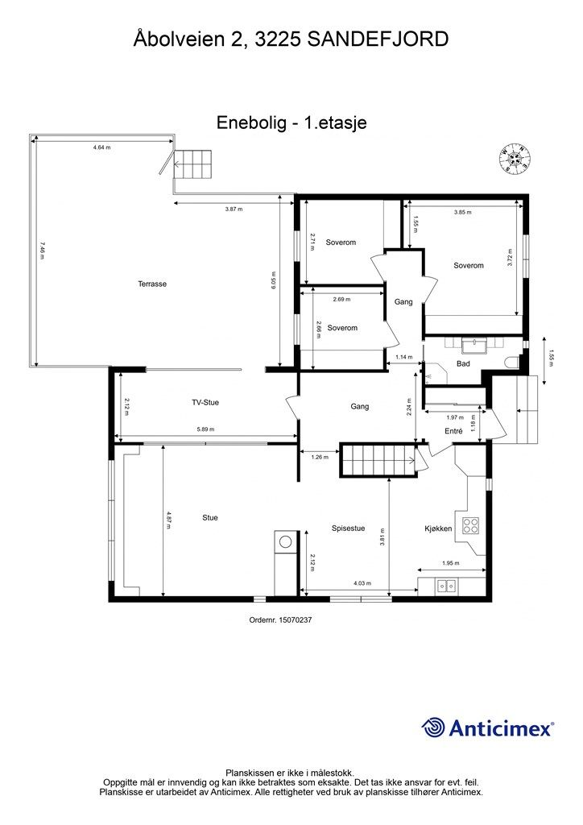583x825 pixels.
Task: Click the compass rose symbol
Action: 515,159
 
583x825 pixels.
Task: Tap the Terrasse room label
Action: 152,284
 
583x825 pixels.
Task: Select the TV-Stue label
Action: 205,403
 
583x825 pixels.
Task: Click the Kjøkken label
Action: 438,529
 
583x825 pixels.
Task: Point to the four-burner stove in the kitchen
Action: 470,525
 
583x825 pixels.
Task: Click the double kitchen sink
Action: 447,586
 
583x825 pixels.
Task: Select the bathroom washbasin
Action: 475,345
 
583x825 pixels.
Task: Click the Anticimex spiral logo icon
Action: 432,728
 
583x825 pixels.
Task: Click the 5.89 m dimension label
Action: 205,429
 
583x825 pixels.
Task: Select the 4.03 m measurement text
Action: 362,583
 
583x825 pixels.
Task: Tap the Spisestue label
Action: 348,529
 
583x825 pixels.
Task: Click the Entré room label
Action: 453,431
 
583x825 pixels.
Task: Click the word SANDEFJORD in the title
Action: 378,39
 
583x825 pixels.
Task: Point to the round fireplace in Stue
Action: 285,542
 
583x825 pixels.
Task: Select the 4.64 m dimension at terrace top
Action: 102,147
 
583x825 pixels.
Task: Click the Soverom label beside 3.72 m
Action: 469,266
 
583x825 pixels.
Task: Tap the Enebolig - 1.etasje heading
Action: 291,122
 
